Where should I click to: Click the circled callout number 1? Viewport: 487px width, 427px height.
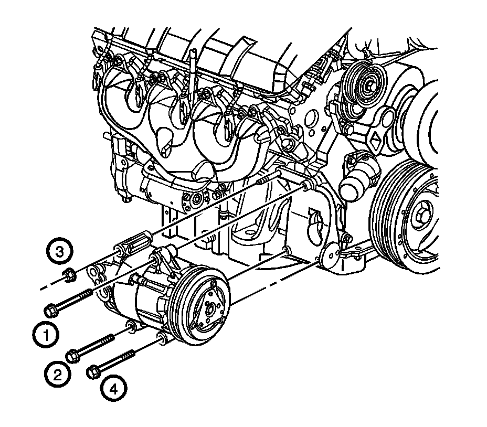(x=45, y=335)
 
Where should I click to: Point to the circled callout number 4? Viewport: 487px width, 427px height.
(x=114, y=389)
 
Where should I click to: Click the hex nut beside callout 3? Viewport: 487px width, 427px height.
(x=68, y=275)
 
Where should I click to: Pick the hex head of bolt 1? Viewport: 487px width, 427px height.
(x=51, y=310)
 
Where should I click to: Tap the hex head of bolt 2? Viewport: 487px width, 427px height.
(x=73, y=355)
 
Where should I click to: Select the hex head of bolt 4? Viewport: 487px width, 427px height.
(x=93, y=372)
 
